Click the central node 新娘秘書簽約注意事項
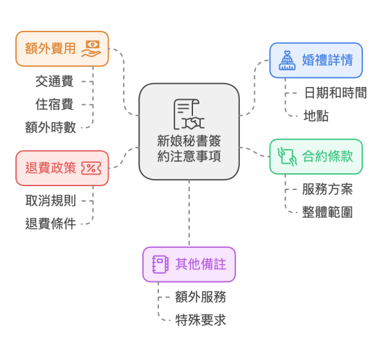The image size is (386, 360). tap(189, 149)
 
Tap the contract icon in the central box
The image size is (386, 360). tap(188, 115)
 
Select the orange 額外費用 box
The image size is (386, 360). tap(62, 48)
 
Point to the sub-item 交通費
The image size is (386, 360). tap(54, 81)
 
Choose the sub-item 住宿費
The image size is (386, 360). tap(54, 104)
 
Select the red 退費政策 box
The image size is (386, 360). tap(62, 168)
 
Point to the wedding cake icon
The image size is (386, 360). tap(287, 61)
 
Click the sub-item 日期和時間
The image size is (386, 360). tap(335, 93)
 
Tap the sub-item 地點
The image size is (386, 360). tap(317, 116)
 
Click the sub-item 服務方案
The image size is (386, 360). tap(327, 189)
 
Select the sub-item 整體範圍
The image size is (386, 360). tap(327, 213)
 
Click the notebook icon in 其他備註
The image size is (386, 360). tap(160, 264)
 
